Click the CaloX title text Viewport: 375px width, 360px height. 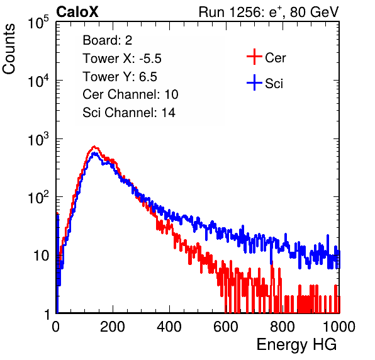coord(77,12)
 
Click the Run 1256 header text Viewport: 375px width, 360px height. coord(269,12)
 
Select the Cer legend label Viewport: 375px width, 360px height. coord(275,58)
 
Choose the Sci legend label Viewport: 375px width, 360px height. coord(274,84)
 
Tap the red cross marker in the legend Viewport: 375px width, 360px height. coord(254,57)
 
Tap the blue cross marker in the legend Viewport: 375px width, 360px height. coord(254,82)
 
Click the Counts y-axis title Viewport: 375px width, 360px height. coord(9,49)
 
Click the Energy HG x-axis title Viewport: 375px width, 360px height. coord(297,344)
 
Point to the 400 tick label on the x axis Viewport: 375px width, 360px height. coord(169,327)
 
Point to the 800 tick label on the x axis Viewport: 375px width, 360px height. coord(283,327)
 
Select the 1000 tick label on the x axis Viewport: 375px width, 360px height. coord(339,327)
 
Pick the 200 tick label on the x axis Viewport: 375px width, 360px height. coord(113,327)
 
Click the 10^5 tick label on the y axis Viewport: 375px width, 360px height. coord(38,22)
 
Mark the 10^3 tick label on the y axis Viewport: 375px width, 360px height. coord(38,139)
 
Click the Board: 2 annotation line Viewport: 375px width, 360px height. coord(108,40)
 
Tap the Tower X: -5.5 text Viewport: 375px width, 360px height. coord(122,59)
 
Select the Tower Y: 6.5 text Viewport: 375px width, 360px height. coord(120,77)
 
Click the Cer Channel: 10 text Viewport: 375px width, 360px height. coord(130,94)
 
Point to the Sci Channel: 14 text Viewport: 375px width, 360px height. coord(129,113)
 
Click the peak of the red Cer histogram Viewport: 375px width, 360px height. coord(94,147)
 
